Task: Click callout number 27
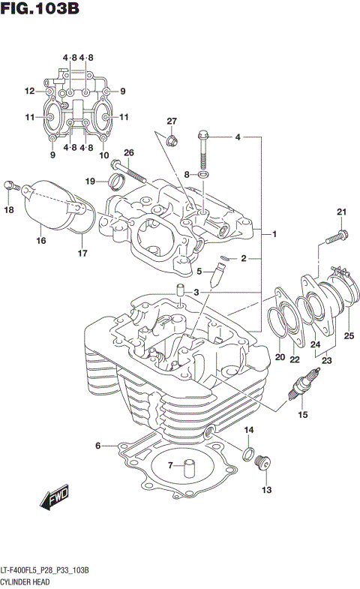(171, 122)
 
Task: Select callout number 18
(9, 211)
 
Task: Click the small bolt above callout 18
(9, 185)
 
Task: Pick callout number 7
(171, 466)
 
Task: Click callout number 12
(29, 92)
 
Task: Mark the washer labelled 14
(247, 452)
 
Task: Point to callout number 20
(279, 356)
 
